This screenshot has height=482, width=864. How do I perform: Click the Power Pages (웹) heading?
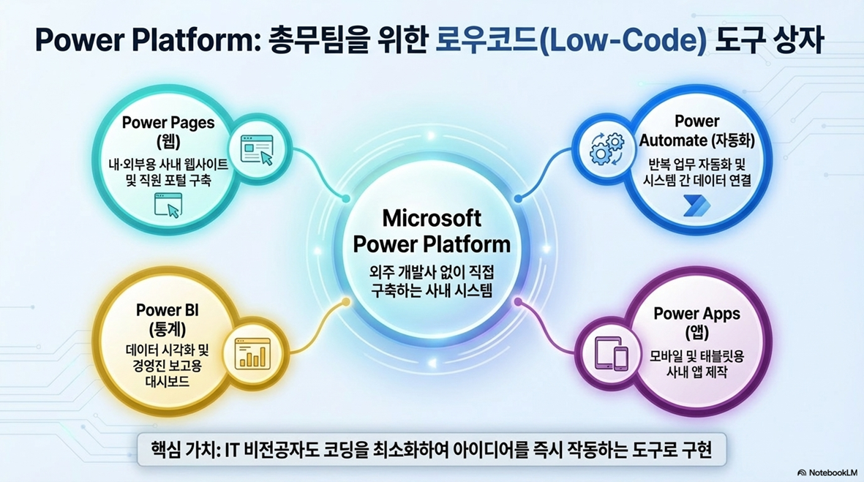click(168, 132)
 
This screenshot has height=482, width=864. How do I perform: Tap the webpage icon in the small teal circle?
click(258, 150)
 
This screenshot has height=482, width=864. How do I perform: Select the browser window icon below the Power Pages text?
click(168, 206)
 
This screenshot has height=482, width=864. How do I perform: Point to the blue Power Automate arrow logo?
click(696, 206)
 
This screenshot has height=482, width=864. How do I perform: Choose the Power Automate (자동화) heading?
click(697, 130)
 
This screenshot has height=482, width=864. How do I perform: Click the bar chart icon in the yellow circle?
click(253, 353)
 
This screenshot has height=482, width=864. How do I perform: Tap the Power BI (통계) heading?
click(168, 320)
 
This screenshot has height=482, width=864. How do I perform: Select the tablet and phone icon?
click(611, 353)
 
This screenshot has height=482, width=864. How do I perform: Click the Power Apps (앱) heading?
click(697, 323)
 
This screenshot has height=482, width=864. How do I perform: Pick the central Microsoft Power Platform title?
click(432, 231)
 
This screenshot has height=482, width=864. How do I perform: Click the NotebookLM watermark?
click(827, 472)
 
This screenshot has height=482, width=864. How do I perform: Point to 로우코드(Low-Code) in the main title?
click(571, 41)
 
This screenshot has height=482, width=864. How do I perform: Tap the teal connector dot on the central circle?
click(346, 198)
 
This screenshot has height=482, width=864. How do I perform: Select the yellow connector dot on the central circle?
click(346, 302)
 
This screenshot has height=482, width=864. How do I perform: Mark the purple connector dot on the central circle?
click(518, 302)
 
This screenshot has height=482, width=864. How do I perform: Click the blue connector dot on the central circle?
click(518, 198)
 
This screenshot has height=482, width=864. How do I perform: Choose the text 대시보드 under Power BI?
click(168, 382)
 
